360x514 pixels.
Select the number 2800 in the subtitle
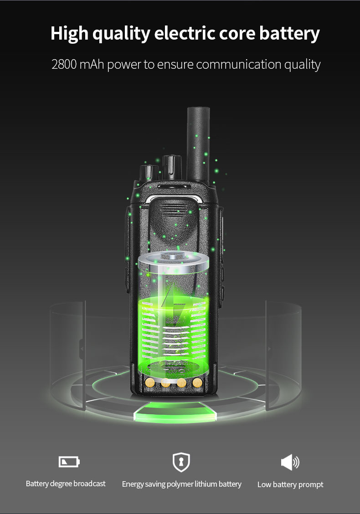[64, 64]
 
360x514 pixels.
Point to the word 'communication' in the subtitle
[239, 64]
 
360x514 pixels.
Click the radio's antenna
[198, 144]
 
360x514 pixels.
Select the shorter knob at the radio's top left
[149, 173]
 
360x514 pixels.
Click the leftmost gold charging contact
[150, 382]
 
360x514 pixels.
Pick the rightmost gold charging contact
[197, 382]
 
